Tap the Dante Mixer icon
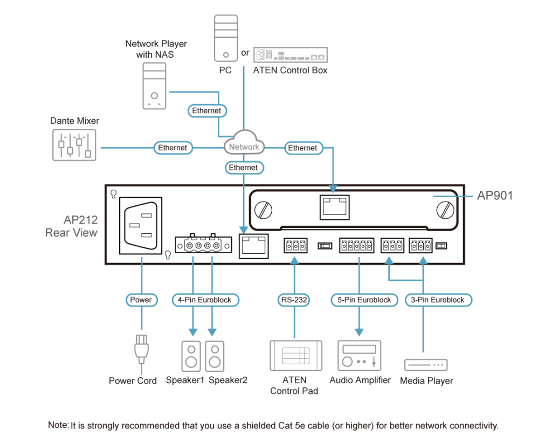click(x=74, y=145)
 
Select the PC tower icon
click(x=225, y=38)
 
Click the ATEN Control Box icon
click(x=290, y=55)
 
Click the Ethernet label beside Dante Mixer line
click(x=172, y=148)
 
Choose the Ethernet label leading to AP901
click(x=302, y=148)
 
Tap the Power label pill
click(x=142, y=300)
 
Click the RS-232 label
click(x=294, y=300)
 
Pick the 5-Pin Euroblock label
click(x=361, y=300)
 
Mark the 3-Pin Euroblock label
click(x=438, y=300)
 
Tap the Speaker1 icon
click(x=191, y=355)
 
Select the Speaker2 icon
click(x=214, y=355)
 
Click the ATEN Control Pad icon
click(x=295, y=356)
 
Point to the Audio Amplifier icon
click(x=359, y=355)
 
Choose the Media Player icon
click(x=426, y=365)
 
